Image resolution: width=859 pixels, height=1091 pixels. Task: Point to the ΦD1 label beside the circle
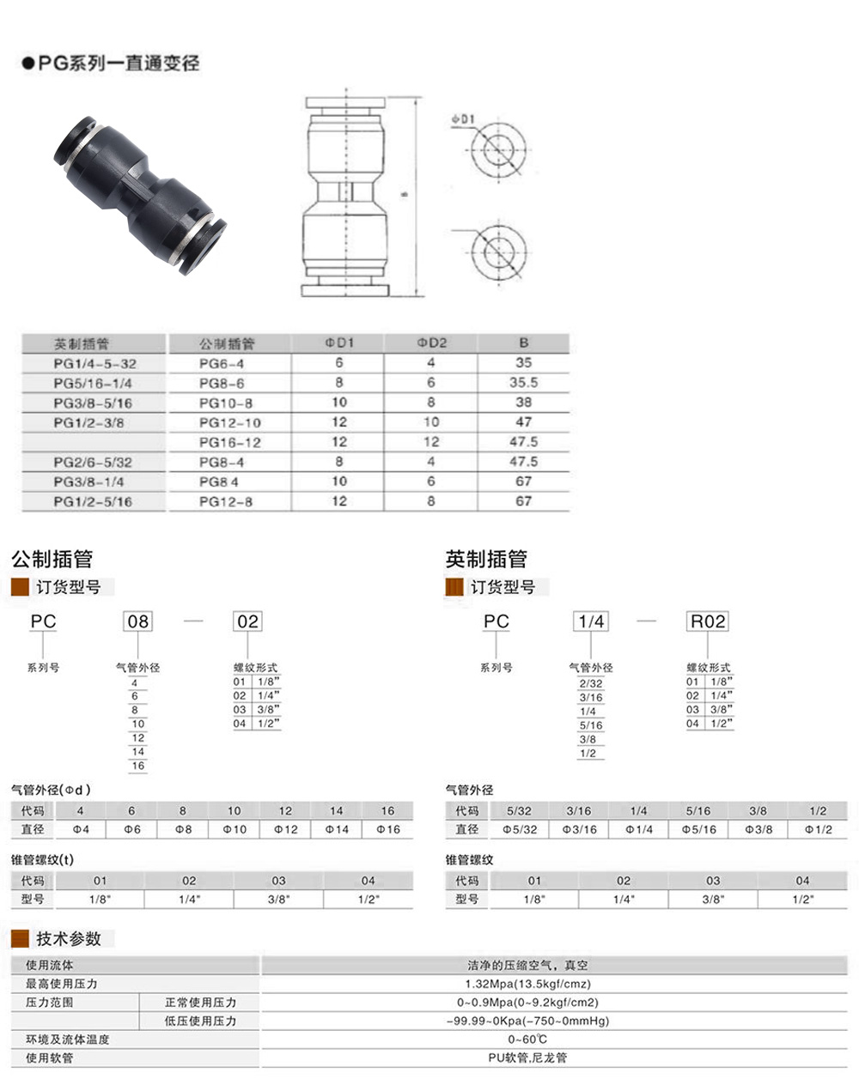pyautogui.click(x=464, y=120)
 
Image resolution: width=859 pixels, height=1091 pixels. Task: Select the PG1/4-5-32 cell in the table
pyautogui.click(x=94, y=363)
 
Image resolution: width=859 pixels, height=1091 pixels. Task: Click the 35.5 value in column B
pyautogui.click(x=523, y=383)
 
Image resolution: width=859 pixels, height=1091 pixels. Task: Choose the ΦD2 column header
pyautogui.click(x=432, y=342)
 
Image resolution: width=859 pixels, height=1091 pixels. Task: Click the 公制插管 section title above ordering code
pyautogui.click(x=52, y=560)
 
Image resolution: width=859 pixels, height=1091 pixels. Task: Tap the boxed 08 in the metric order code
pyautogui.click(x=137, y=621)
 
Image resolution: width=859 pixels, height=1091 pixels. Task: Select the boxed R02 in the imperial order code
pyautogui.click(x=707, y=621)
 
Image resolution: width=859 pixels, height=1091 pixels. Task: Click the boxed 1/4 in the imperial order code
pyautogui.click(x=591, y=621)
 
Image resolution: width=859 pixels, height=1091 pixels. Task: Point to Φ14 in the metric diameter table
pyautogui.click(x=336, y=829)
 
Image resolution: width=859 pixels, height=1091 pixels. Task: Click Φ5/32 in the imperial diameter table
pyautogui.click(x=520, y=829)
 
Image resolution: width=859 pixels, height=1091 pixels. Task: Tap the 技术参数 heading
pyautogui.click(x=69, y=938)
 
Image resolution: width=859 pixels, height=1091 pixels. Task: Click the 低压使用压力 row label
pyautogui.click(x=200, y=1021)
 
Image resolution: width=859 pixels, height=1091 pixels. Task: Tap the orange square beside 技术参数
pyautogui.click(x=20, y=938)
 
